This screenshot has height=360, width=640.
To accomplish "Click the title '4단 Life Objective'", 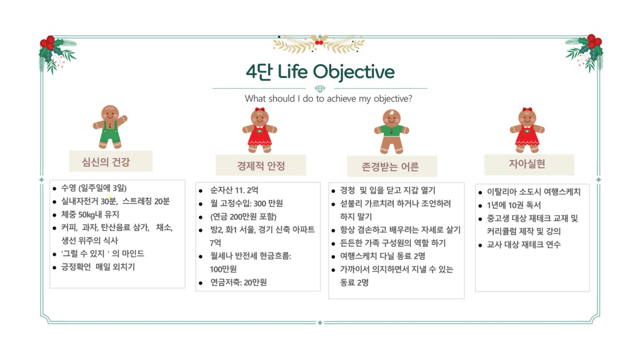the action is (x=320, y=72).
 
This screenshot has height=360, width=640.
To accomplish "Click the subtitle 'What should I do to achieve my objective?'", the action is (x=329, y=98).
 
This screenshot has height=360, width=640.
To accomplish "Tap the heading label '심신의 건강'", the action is (x=106, y=162).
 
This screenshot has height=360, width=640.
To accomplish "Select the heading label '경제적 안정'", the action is (x=261, y=166).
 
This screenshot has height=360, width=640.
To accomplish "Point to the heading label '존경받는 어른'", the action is (x=390, y=167).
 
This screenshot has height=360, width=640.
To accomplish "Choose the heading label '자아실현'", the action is (x=527, y=164).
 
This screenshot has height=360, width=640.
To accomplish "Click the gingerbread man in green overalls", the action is (x=110, y=127).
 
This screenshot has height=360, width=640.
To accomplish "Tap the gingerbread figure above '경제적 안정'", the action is (x=260, y=130).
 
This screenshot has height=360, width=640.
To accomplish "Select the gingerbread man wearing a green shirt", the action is (x=392, y=131).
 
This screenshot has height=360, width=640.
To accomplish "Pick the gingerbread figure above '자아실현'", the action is (x=527, y=130).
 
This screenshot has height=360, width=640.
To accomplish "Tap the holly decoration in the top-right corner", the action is (x=584, y=53).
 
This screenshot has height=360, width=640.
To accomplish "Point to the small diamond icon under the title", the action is (x=320, y=89).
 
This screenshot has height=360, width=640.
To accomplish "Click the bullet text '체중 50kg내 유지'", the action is (x=90, y=214).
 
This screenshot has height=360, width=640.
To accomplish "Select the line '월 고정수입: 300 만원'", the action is (x=247, y=204).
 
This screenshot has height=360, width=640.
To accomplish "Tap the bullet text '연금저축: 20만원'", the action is (x=238, y=282).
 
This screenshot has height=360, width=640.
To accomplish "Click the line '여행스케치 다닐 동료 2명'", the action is (x=383, y=256).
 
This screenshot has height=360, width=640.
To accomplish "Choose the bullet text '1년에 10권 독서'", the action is (x=514, y=205).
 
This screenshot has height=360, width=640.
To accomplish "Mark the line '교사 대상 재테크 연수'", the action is (x=523, y=245).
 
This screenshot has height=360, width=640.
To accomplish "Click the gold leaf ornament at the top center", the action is (x=319, y=44).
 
